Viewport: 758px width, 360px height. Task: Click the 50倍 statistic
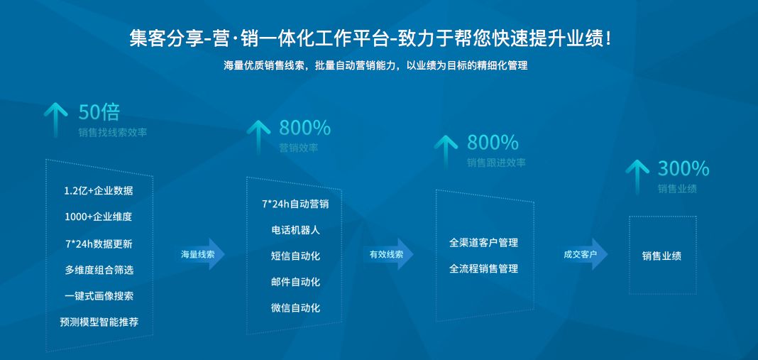(99, 112)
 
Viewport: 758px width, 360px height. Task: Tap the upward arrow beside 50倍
(55, 118)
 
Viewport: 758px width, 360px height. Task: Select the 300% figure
(683, 168)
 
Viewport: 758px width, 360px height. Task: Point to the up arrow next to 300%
(637, 175)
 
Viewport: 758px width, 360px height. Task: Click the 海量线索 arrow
(202, 253)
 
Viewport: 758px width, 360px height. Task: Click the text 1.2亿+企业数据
(98, 191)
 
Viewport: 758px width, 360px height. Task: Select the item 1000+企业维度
(98, 217)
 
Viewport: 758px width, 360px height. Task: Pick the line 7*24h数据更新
(98, 244)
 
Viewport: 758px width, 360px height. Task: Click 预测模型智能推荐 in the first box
(99, 322)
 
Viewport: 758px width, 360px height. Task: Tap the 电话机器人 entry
(295, 230)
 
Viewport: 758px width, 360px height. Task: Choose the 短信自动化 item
(295, 256)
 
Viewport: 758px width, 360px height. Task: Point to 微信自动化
(295, 308)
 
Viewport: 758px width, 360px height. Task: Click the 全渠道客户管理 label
(483, 243)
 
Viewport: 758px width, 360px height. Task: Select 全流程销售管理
(483, 269)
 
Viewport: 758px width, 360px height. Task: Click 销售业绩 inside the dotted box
(661, 256)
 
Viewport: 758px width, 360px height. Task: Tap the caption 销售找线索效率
(113, 132)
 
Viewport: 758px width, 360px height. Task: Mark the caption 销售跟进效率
(496, 163)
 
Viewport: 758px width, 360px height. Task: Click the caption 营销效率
(298, 148)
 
